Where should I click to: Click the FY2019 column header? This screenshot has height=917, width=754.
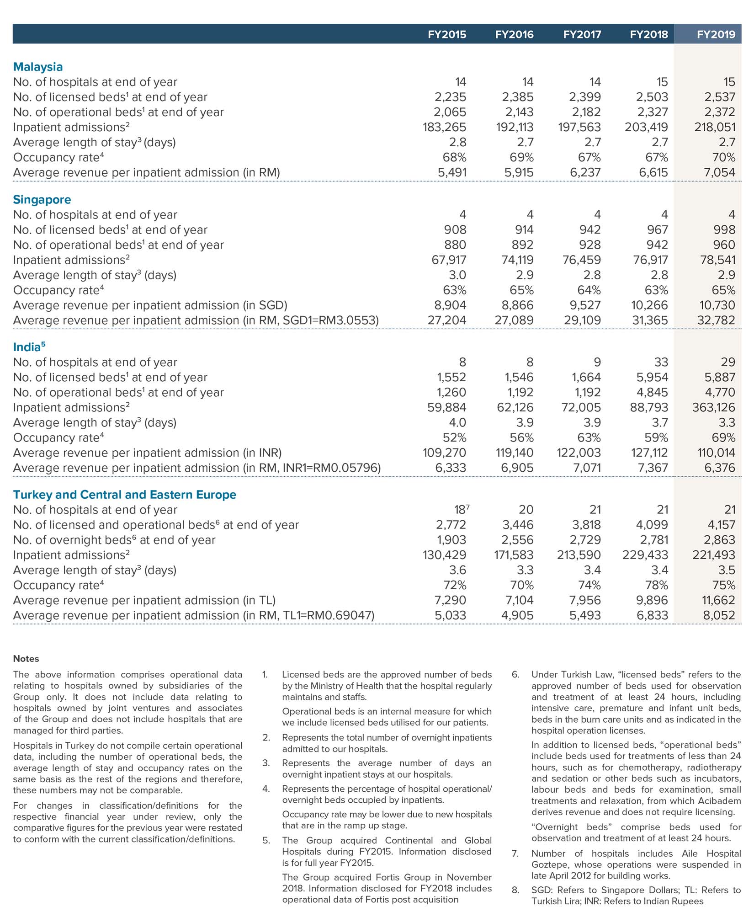[x=716, y=34]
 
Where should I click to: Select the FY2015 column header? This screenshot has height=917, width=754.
[x=447, y=34]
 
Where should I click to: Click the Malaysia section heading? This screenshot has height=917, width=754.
[x=38, y=67]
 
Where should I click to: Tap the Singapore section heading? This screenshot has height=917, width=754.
[x=42, y=199]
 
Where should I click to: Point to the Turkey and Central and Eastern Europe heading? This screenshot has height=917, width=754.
[x=125, y=495]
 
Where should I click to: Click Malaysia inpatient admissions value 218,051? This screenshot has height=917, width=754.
[x=715, y=127]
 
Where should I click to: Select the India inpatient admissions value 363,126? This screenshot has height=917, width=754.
[x=714, y=407]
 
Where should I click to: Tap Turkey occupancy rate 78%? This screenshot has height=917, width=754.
[x=657, y=585]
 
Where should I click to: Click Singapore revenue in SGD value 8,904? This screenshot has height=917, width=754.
[x=450, y=305]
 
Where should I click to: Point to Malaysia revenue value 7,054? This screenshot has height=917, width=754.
[x=719, y=172]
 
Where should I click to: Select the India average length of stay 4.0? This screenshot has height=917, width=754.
[x=457, y=422]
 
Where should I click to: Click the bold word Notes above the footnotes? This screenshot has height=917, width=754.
[x=26, y=659]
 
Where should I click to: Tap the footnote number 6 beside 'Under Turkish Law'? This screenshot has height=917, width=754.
[x=515, y=675]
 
